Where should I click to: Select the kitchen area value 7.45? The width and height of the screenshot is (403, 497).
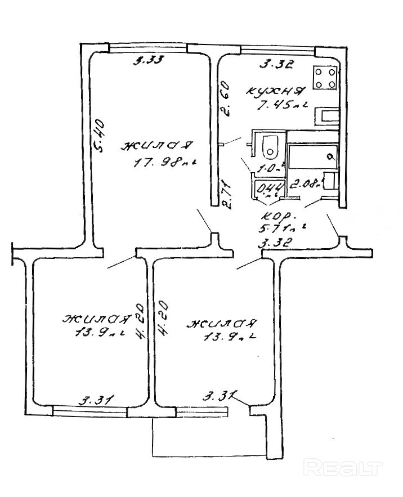tap(276, 105)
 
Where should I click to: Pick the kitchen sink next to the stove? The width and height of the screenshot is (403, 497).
tap(326, 117)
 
